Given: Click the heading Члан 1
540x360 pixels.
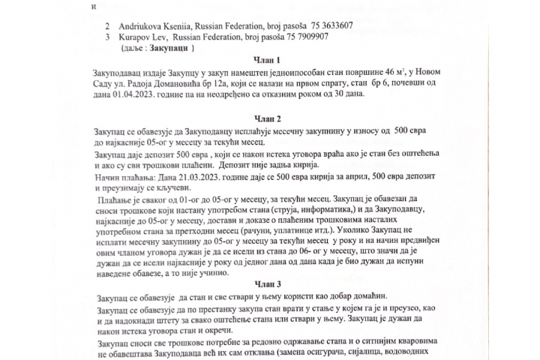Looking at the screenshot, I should click(268, 60).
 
